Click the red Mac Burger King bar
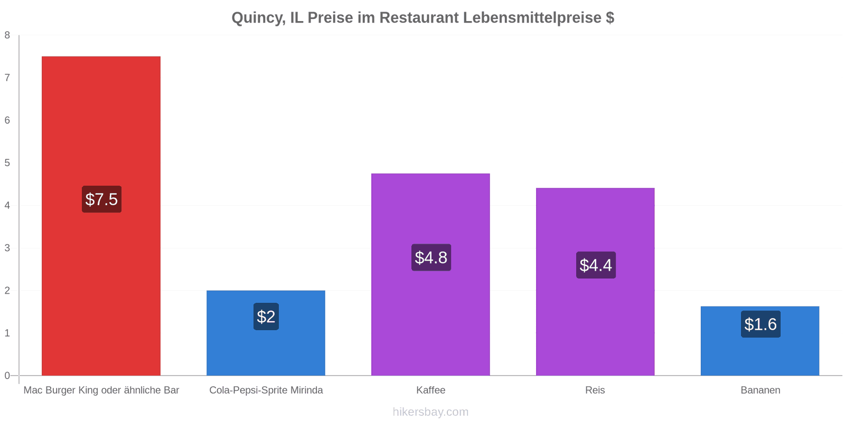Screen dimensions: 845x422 click(x=101, y=216)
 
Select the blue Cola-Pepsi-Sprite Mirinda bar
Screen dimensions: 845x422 click(x=266, y=333)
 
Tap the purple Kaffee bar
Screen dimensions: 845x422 click(x=430, y=275)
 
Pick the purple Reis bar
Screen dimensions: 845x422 click(x=595, y=282)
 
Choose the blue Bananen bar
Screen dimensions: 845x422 click(x=760, y=341)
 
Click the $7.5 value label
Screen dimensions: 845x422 click(x=101, y=199)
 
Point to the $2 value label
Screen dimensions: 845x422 click(x=266, y=316)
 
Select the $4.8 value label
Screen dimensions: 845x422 click(x=431, y=257)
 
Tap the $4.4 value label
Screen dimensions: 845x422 click(x=596, y=265)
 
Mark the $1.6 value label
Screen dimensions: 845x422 click(x=760, y=324)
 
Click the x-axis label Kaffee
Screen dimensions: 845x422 click(x=431, y=390)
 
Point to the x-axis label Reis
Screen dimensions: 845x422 click(x=595, y=390)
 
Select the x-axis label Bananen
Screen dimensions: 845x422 click(x=760, y=390)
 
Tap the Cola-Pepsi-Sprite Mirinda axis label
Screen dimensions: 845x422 click(x=266, y=390)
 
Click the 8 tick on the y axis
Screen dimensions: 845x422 click(x=7, y=35)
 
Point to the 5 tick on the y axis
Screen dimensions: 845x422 click(x=7, y=163)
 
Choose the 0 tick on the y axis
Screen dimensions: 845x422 click(x=7, y=376)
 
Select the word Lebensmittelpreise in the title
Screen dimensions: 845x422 click(x=532, y=18)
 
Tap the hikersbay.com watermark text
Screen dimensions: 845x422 click(x=430, y=411)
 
